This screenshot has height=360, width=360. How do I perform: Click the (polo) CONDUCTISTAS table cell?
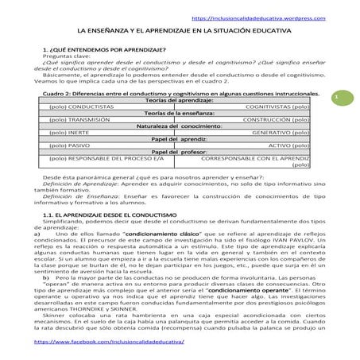coord(76,105)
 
